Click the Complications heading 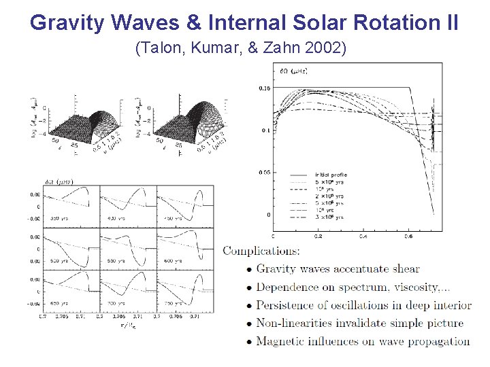coord(261,251)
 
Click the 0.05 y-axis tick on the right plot coord(264,173)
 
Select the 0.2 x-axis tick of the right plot coord(318,237)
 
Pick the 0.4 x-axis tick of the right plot coord(363,237)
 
